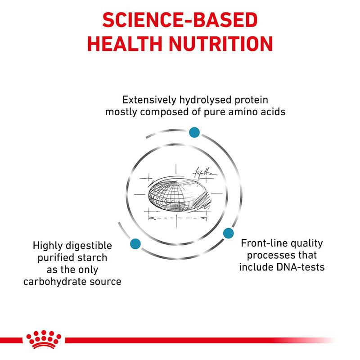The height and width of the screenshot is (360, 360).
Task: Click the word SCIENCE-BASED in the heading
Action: (180, 20)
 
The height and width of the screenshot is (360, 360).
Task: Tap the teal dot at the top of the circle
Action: (194, 132)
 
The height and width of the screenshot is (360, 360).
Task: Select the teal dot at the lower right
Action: (229, 233)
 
